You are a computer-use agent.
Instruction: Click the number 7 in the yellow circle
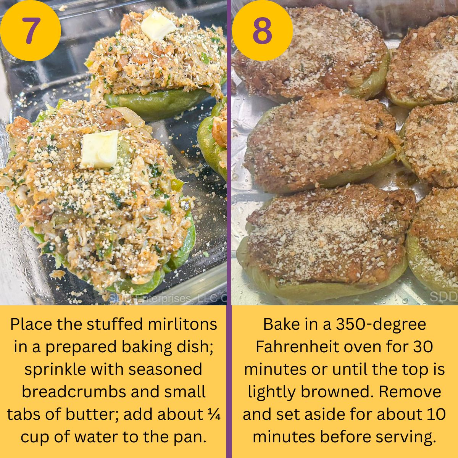(x=31, y=31)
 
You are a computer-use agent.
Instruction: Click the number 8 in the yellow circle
(x=262, y=31)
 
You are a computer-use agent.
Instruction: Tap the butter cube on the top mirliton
(x=158, y=25)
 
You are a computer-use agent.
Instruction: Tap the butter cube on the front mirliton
(x=100, y=149)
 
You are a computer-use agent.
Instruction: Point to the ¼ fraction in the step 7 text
(x=216, y=414)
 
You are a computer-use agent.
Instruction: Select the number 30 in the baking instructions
(x=423, y=347)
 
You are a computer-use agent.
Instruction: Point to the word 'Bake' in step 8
(x=281, y=324)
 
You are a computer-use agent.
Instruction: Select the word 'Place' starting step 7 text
(x=30, y=324)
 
